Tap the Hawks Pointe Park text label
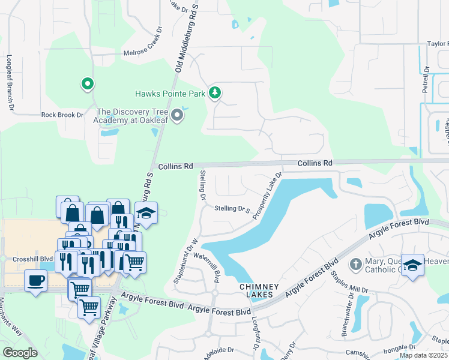[170, 93]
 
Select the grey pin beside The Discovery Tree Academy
[176, 115]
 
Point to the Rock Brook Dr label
[62, 115]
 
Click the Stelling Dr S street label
[232, 209]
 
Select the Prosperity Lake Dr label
[267, 196]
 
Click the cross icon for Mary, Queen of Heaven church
[355, 264]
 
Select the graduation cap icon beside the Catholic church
[412, 265]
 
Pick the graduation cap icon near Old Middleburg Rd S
[145, 213]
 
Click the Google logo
[20, 353]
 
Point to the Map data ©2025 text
[424, 355]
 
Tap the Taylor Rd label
[437, 44]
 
